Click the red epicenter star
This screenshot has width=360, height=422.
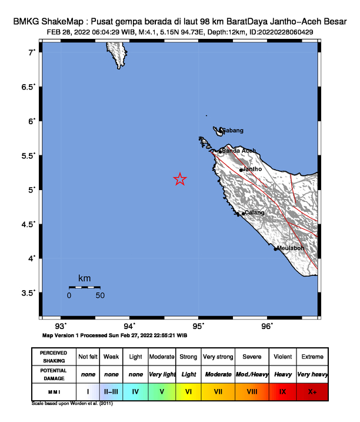coord(180,180)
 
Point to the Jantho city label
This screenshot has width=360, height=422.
coord(252,169)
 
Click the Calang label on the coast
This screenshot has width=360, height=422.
coord(255,212)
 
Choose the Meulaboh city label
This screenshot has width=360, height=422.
coord(290,248)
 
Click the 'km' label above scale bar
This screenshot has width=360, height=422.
coord(84,278)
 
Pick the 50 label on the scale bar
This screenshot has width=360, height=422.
coord(100,295)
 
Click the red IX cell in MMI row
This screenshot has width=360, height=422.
coord(282,391)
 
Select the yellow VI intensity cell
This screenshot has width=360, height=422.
coord(188,391)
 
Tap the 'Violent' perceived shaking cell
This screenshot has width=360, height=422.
coord(282,357)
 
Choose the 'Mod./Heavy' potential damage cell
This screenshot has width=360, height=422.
coord(252,374)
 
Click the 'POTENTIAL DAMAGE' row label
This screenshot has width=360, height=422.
coord(53,374)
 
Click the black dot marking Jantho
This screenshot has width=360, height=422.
coord(241,170)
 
